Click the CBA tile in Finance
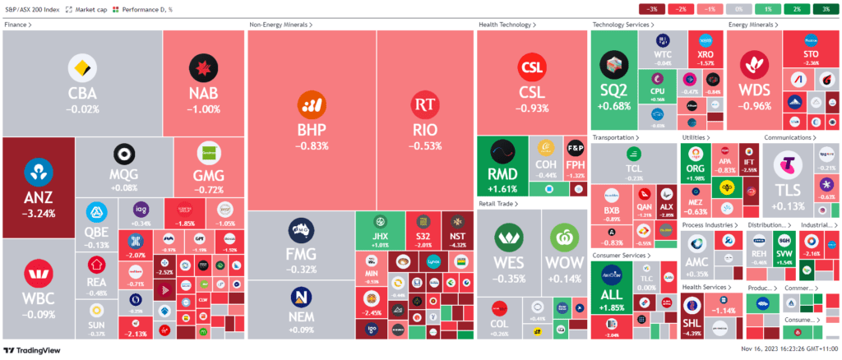pyautogui.click(x=81, y=82)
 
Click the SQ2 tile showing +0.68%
pyautogui.click(x=614, y=78)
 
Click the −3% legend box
pyautogui.click(x=652, y=9)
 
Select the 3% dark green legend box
pyautogui.click(x=825, y=9)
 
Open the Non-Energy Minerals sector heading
pyautogui.click(x=280, y=25)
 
